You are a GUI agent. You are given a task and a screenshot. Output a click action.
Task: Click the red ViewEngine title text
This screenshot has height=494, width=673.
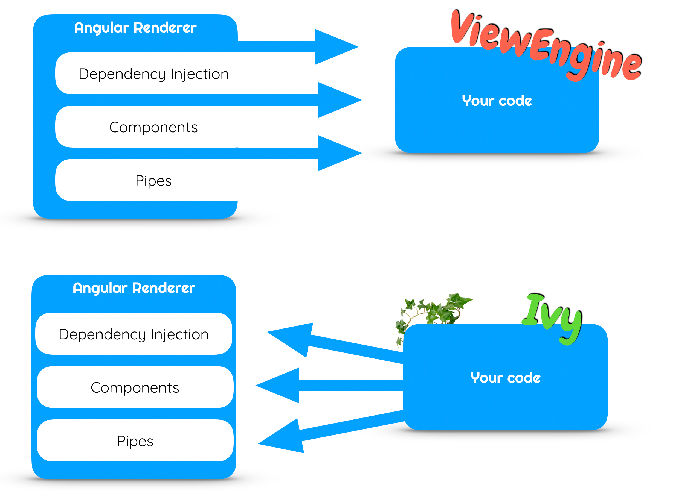(x=545, y=45)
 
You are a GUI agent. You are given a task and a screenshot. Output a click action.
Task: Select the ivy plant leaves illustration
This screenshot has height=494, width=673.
(x=434, y=311)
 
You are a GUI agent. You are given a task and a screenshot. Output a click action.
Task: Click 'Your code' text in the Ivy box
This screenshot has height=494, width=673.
(x=505, y=378)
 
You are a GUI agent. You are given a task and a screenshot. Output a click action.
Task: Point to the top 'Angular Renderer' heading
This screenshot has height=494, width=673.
(x=135, y=28)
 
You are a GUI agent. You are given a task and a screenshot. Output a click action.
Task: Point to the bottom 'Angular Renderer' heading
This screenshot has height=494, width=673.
(x=134, y=288)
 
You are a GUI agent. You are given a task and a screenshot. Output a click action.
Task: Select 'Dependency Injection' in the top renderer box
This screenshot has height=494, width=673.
(x=153, y=74)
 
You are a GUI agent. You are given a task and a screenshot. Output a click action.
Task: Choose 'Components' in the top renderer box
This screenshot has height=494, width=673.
(x=153, y=127)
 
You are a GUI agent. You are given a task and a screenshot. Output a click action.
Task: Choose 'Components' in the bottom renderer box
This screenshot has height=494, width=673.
(x=135, y=387)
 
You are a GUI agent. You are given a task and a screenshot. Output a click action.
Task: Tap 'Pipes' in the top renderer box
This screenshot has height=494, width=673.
(x=153, y=181)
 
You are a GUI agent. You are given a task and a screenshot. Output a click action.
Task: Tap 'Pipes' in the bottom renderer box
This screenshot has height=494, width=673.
(x=135, y=441)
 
